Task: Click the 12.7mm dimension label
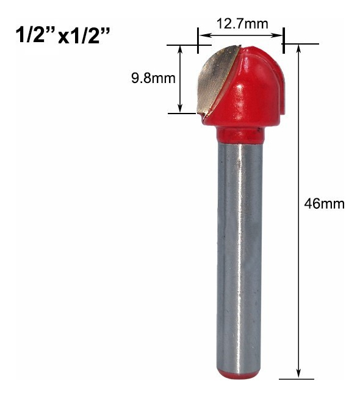pos(242,24)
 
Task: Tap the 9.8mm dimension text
pos(153,78)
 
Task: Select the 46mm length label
pos(325,204)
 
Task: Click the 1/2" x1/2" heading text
pos(63,35)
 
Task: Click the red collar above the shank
pos(240,134)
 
